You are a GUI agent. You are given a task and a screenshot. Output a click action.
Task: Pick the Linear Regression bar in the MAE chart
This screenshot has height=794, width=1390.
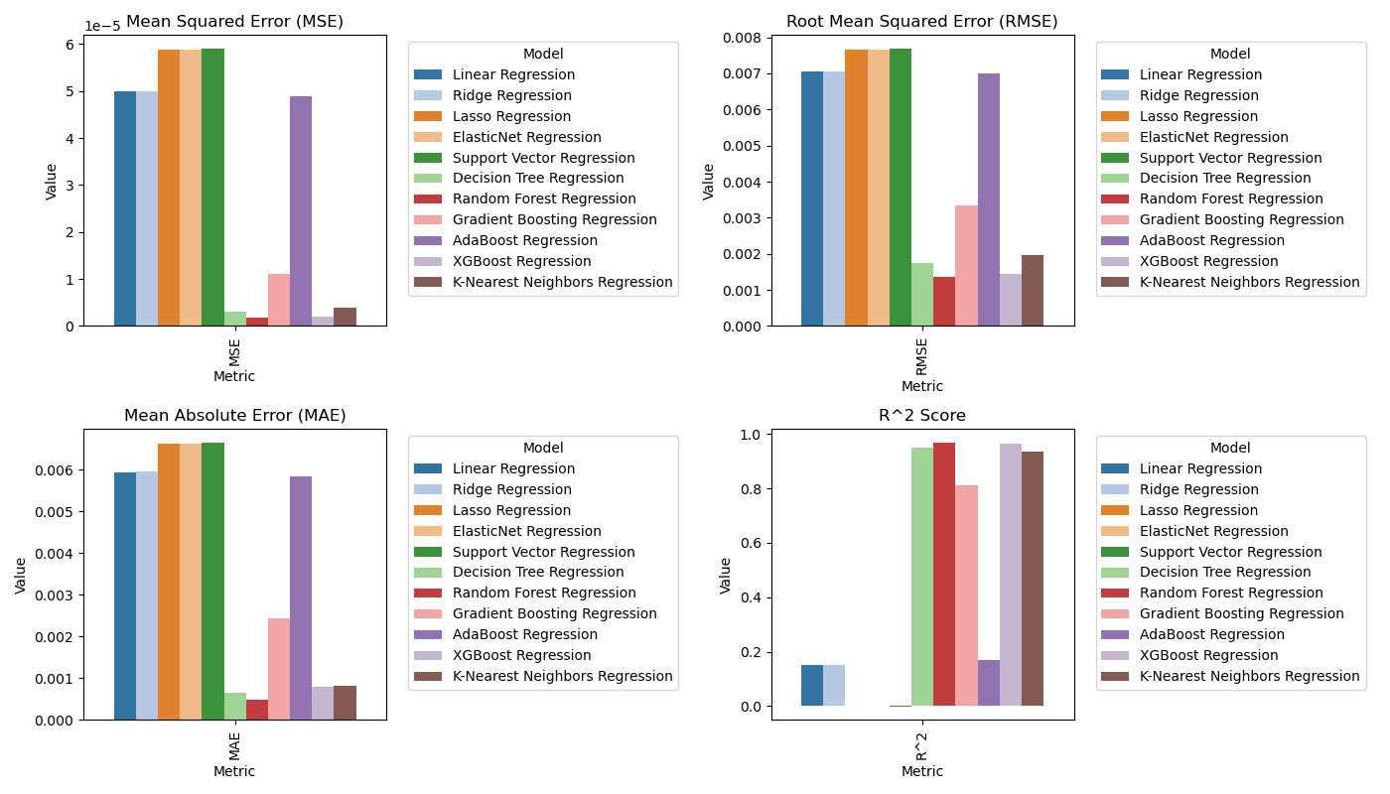[125, 595]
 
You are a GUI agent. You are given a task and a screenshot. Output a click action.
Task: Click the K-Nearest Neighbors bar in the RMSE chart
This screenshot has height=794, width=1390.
[1033, 291]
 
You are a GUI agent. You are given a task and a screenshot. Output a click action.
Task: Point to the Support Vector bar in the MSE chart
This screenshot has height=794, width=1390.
[212, 188]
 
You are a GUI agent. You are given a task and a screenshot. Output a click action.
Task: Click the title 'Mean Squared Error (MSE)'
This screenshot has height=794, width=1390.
[234, 22]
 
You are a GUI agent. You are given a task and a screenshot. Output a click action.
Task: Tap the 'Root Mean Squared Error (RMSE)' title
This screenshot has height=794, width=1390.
[922, 22]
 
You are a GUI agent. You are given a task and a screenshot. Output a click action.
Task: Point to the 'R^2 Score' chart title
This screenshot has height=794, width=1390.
[922, 416]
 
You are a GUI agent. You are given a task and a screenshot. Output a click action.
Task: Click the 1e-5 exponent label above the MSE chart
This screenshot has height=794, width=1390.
[102, 27]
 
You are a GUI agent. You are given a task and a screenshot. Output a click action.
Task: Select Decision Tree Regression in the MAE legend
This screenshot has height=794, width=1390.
[538, 572]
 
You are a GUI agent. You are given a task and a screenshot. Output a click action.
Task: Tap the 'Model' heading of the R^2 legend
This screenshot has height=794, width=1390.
[1230, 449]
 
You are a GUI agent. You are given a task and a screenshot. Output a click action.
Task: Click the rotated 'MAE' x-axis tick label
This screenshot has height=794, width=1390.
[234, 743]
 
